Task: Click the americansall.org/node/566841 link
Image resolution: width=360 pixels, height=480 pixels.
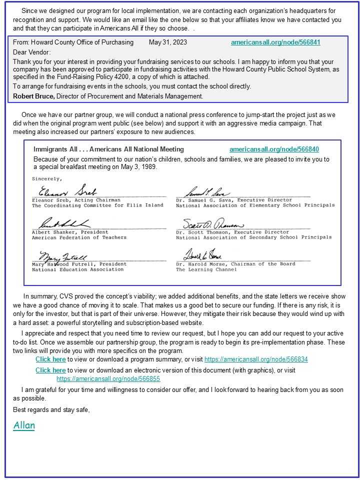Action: [275, 42]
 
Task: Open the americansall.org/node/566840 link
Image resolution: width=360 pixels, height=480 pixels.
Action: [274, 149]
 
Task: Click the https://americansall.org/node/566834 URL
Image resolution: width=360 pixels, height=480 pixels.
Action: [256, 359]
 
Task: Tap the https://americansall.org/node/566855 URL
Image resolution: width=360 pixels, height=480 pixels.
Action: [108, 379]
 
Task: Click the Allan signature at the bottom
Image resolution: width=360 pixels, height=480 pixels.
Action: [24, 425]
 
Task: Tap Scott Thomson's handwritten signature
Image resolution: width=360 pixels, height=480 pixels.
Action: [213, 224]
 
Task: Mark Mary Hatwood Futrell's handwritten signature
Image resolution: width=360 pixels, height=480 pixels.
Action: [60, 255]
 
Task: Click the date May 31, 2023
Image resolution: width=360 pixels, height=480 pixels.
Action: [168, 42]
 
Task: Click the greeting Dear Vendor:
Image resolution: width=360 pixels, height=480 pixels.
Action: [32, 52]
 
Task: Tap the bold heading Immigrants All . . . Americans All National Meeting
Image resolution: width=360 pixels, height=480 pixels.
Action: [108, 149]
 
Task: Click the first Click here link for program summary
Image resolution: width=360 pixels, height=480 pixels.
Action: [50, 359]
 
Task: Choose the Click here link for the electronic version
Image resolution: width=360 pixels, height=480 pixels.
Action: [50, 370]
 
